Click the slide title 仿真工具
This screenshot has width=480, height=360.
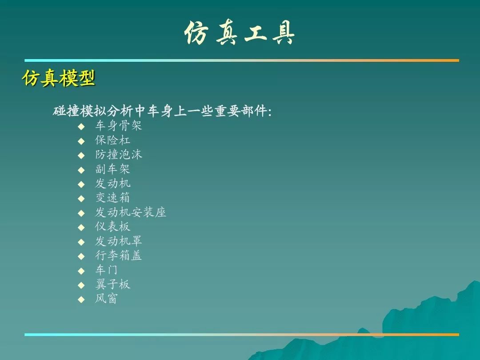pos(240,33)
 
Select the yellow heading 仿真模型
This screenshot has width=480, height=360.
pos(59,78)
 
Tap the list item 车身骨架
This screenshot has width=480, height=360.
pos(119,125)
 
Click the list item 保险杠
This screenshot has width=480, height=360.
pos(112,140)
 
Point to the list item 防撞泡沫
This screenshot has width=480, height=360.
pos(119,154)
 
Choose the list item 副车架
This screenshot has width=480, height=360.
pos(112,169)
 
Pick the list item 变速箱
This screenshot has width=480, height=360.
pos(112,198)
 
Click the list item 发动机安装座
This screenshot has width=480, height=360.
pos(130,212)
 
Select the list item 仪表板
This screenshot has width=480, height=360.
pos(112,227)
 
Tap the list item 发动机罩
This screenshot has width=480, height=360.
pos(119,241)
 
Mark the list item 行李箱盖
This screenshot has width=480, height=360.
pos(119,255)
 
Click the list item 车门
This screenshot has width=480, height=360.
pos(107,270)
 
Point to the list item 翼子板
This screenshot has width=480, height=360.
pos(112,284)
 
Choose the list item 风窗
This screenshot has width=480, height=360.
pos(107,299)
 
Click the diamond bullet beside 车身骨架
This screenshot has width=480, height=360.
pos(81,126)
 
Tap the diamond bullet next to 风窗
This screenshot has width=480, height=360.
pos(81,300)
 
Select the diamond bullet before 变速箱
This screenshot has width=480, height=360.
pos(81,199)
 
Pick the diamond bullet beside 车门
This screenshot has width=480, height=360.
pos(81,271)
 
